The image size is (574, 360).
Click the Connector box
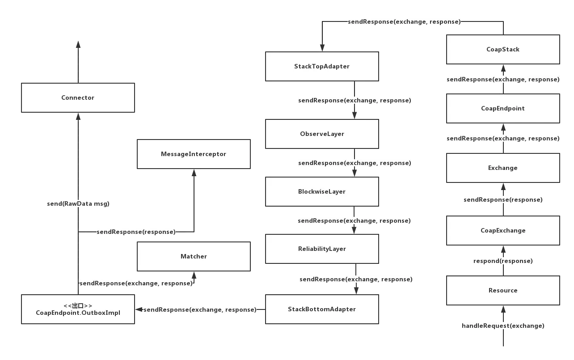78,97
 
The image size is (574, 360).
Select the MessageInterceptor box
194,154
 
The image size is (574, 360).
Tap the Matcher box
194,256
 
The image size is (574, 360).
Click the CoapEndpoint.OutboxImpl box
78,309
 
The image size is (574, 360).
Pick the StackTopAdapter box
322,66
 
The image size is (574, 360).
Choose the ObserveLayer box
322,134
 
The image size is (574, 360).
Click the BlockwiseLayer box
322,191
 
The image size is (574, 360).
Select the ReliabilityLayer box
322,249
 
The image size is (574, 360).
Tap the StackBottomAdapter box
322,309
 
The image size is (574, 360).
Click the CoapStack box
503,49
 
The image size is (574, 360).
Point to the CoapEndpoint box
503,108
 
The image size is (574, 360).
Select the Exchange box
503,168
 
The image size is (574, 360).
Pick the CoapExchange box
503,230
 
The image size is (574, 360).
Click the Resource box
503,290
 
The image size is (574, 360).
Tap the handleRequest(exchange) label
503,326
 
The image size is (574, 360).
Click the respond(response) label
503,261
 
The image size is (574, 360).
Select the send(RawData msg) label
78,203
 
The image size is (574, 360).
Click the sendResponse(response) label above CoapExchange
503,199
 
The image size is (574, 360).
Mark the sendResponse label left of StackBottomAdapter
200,309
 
